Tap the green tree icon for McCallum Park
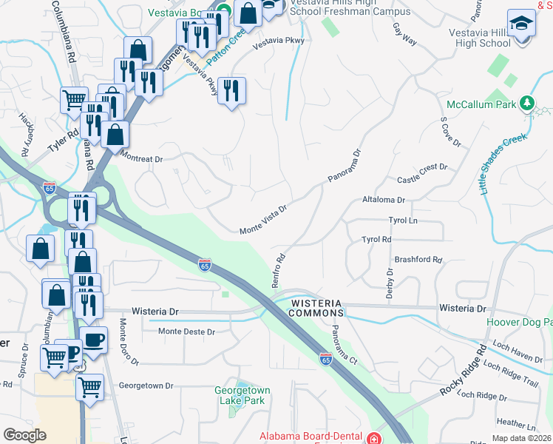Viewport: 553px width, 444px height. (x=527, y=103)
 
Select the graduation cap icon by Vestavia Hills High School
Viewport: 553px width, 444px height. (x=521, y=24)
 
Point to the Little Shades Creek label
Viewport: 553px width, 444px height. (x=509, y=164)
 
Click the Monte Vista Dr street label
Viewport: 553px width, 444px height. (x=262, y=221)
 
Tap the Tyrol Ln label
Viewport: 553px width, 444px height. (x=403, y=221)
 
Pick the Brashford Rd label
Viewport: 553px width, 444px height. (x=418, y=260)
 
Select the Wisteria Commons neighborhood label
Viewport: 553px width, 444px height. (x=316, y=308)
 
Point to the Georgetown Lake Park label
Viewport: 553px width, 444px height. (x=242, y=395)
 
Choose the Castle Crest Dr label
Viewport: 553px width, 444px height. (x=422, y=180)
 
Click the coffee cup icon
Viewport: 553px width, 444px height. (x=93, y=340)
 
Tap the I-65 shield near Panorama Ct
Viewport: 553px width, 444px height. (x=325, y=358)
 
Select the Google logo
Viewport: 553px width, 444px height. (x=25, y=435)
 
